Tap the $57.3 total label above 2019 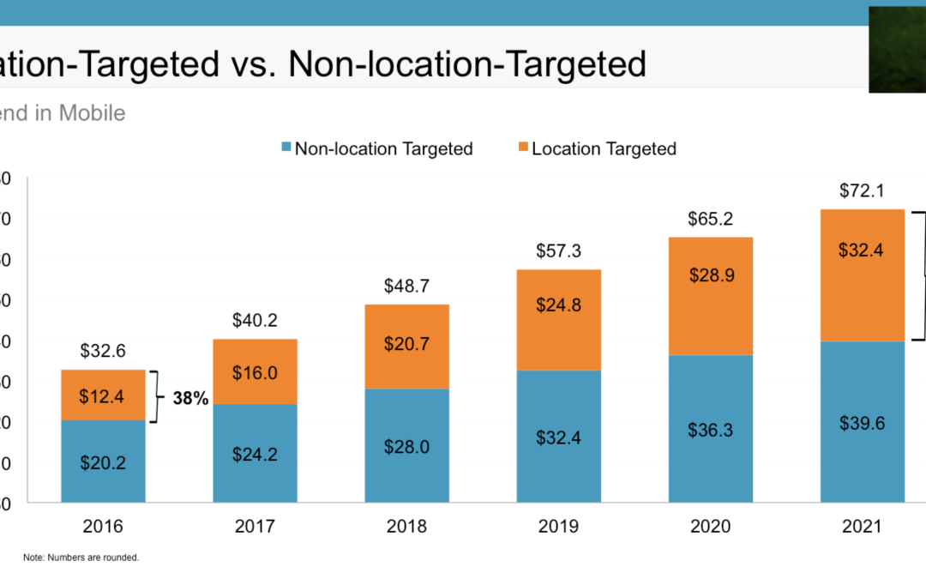(559, 251)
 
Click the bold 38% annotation (190, 398)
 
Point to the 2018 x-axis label (407, 526)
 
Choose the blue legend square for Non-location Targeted (286, 148)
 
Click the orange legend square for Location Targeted (522, 148)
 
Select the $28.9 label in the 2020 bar (710, 275)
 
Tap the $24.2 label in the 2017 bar (255, 454)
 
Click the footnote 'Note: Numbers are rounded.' (81, 558)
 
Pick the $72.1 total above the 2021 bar (862, 190)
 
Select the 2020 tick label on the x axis (710, 526)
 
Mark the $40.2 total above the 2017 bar (255, 320)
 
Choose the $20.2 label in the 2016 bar (103, 462)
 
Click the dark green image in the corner (897, 49)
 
